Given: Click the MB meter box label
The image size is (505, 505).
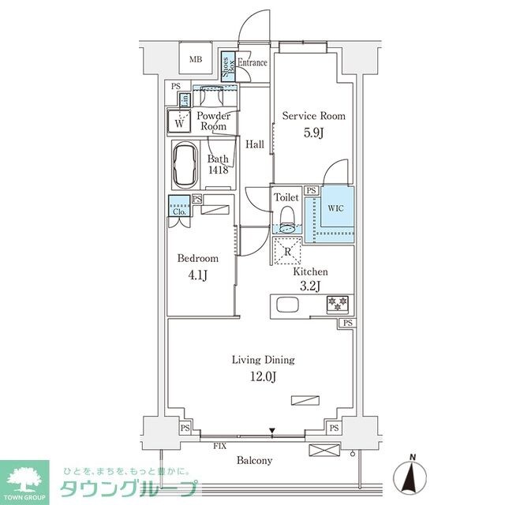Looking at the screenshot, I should point(196,58).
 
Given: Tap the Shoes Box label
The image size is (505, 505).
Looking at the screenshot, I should point(226,63).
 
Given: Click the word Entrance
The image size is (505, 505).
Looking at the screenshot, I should point(253,63).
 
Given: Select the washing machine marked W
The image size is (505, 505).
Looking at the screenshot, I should point(180,122).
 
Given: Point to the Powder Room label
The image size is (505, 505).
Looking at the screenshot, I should point(213,121).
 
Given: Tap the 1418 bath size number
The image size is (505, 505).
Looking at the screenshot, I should point(219,170).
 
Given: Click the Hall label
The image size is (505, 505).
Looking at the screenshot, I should point(254,144).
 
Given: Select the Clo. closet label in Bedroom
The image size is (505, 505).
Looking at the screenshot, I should point(178,211).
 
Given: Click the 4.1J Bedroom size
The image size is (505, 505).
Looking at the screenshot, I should point(197,274).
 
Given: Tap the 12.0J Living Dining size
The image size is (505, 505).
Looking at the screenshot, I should point(263,376).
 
